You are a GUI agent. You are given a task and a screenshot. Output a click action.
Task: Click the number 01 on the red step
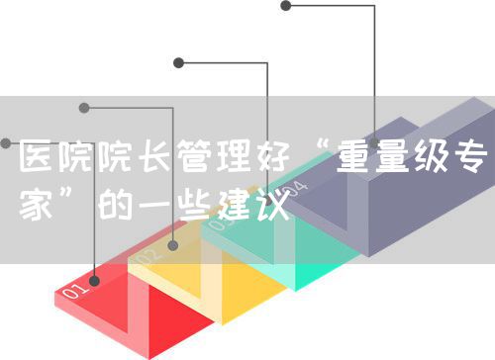click(x=75, y=292)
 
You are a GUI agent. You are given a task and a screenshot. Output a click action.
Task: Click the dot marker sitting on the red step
click(x=95, y=280)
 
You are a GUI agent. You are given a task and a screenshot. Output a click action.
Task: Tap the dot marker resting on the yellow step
click(x=174, y=243)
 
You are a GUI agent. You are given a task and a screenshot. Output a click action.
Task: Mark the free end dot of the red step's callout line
click(x=5, y=143)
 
